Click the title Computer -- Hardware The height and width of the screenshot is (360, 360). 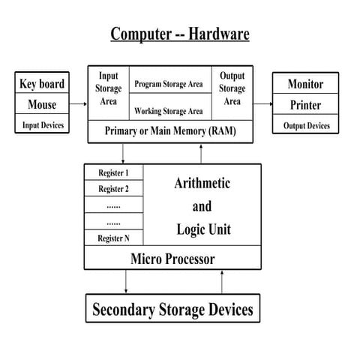pyautogui.click(x=180, y=34)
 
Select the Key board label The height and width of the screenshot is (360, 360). pyautogui.click(x=41, y=84)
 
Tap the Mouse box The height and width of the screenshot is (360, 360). pyautogui.click(x=41, y=104)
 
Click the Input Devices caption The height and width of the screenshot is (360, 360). pyautogui.click(x=41, y=124)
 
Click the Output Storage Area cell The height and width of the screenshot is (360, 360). pyautogui.click(x=232, y=88)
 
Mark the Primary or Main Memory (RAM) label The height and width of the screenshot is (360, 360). pyautogui.click(x=174, y=130)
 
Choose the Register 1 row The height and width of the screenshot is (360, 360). pyautogui.click(x=113, y=173)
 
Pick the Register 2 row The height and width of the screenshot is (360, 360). pyautogui.click(x=113, y=189)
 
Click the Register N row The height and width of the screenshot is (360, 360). pyautogui.click(x=113, y=238)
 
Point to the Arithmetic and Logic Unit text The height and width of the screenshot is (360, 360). pyautogui.click(x=202, y=205)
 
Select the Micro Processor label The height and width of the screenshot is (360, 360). pyautogui.click(x=172, y=259)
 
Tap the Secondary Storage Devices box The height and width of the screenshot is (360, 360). pyautogui.click(x=172, y=309)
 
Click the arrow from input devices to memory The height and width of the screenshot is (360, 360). pyautogui.click(x=79, y=104)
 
